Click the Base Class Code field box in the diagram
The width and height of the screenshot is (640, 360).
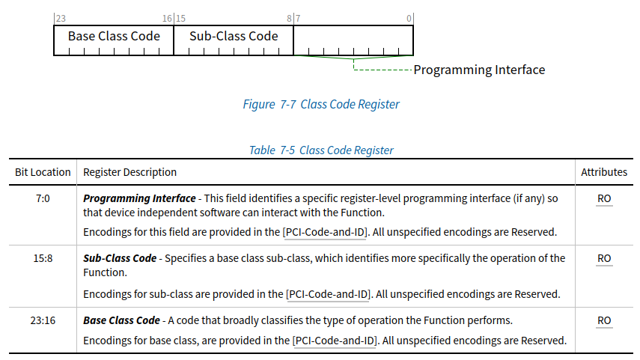point(114,40)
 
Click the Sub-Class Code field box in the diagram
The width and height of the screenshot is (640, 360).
point(234,40)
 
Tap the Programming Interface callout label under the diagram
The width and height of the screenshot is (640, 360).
point(479,70)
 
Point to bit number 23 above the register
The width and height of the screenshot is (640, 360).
point(61,19)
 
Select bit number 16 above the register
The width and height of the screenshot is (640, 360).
point(168,19)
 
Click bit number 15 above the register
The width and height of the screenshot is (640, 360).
point(181,19)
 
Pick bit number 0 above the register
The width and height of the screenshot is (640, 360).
point(409,19)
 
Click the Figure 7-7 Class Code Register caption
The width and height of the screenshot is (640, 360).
point(321,105)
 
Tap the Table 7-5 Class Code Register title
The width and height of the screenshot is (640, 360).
point(321,150)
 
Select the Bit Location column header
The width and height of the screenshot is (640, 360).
point(43,172)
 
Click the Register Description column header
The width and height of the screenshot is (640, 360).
point(129,172)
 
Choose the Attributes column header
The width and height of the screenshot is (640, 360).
point(604,172)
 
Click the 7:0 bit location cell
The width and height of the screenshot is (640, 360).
point(43,198)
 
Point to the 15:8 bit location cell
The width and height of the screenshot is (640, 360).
point(43,258)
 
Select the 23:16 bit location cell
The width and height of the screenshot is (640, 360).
point(43,320)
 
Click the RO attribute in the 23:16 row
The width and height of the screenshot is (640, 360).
point(604,320)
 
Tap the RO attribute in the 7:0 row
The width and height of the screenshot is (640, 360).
point(604,198)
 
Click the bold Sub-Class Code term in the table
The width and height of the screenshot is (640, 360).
point(120,258)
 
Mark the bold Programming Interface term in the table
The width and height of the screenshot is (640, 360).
point(139,198)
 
